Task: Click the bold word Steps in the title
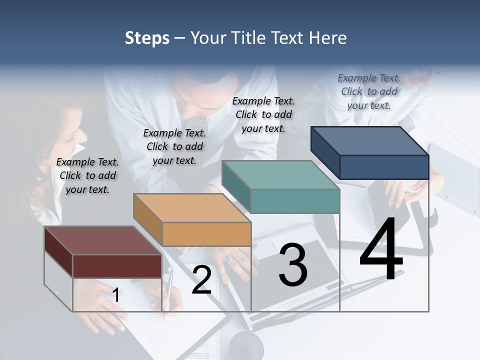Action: [147, 38]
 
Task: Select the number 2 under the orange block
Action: [201, 280]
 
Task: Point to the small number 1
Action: [115, 295]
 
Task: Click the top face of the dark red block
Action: [102, 240]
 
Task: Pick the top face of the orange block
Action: [191, 208]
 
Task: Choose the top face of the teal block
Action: [280, 175]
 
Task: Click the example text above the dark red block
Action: [87, 175]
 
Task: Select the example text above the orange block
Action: [174, 146]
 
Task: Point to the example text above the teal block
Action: [263, 114]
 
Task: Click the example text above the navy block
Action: [369, 91]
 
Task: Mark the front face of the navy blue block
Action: [384, 167]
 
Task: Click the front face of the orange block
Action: [206, 234]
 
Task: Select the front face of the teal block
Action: [295, 201]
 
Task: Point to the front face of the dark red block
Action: [117, 266]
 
